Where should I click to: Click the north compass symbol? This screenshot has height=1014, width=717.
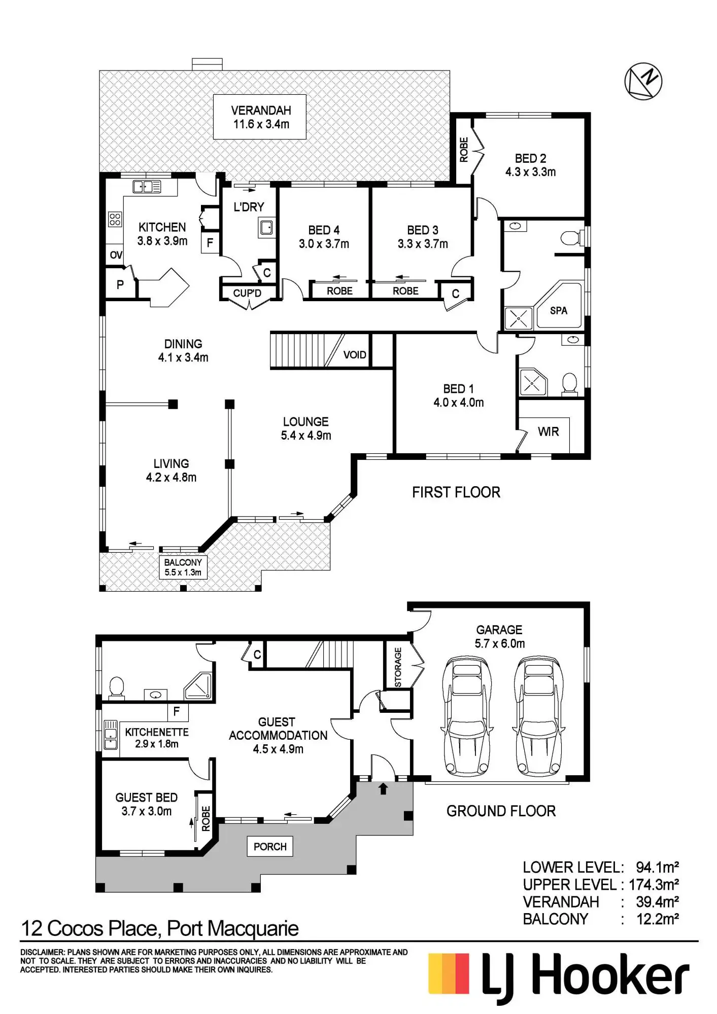pos(643,81)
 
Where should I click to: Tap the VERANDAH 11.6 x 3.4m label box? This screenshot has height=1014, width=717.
pos(260,117)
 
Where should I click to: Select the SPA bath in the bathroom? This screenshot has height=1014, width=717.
pos(558,307)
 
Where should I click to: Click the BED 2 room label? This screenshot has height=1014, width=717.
pos(530,165)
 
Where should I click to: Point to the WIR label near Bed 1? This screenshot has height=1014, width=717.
pos(548,431)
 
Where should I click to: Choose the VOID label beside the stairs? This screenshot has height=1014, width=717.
pos(354,354)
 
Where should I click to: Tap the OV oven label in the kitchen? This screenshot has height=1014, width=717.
pos(116,255)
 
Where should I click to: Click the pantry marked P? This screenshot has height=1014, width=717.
pos(120,284)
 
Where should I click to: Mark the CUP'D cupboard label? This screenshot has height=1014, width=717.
pos(247,294)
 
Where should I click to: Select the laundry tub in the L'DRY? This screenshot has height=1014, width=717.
pos(266,228)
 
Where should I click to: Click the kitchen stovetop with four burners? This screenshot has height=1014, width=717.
pos(115,219)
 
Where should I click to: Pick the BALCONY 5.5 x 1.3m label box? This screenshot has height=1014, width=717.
pos(183,567)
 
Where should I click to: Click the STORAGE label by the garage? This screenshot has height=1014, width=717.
pos(398,667)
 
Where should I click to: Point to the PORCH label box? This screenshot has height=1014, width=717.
pos(270,846)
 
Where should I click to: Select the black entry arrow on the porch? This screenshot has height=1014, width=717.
pos(383,789)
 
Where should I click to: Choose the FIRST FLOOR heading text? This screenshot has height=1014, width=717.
pos(456,492)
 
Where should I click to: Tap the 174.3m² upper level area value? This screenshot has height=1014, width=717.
pos(654,885)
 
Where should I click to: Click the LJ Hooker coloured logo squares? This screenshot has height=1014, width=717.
pos(449,973)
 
